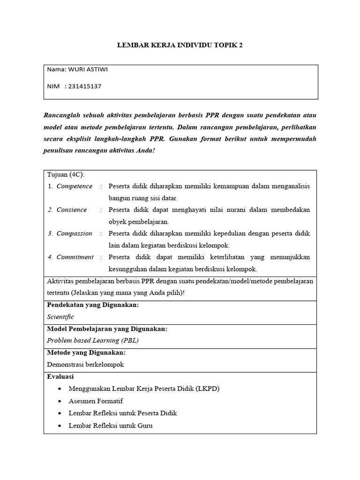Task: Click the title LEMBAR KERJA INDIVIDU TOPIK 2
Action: (x=180, y=45)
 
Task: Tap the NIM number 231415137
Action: (x=85, y=86)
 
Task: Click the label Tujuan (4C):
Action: (x=66, y=174)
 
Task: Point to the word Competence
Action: (x=75, y=186)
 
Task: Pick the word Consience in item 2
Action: (x=72, y=210)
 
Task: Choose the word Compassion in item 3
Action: (x=75, y=233)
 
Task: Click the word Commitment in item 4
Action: (x=75, y=257)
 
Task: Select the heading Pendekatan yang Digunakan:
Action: (x=93, y=305)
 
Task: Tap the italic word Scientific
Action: (x=60, y=317)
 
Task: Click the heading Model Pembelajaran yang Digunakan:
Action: (x=107, y=329)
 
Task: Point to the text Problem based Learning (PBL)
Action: (x=93, y=340)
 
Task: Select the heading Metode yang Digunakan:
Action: (x=86, y=352)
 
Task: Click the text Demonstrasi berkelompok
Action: (x=86, y=364)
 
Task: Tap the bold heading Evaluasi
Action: (x=60, y=376)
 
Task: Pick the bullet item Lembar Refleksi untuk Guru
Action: (x=110, y=426)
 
